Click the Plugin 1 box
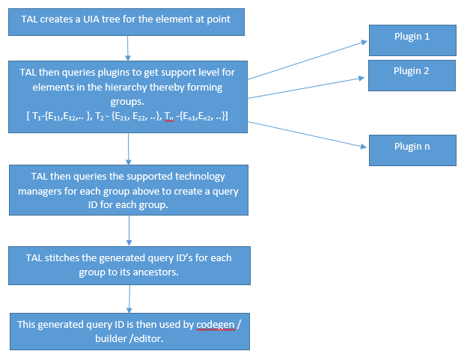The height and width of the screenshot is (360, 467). (x=412, y=40)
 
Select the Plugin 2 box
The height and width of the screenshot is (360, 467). (x=412, y=76)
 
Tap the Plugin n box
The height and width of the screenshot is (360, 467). (x=412, y=150)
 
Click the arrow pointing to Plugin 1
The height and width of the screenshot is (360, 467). (x=308, y=60)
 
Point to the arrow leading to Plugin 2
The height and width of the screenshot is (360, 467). (x=306, y=88)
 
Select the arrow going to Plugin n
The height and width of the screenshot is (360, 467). (x=307, y=135)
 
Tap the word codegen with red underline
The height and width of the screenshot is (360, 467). (x=216, y=325)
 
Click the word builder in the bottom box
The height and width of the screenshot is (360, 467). (x=111, y=338)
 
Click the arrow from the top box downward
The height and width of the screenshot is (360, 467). (x=128, y=48)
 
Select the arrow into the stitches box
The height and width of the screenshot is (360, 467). (x=129, y=231)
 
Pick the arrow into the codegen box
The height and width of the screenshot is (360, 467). (x=129, y=299)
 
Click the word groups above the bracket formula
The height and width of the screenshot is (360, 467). (x=127, y=102)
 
